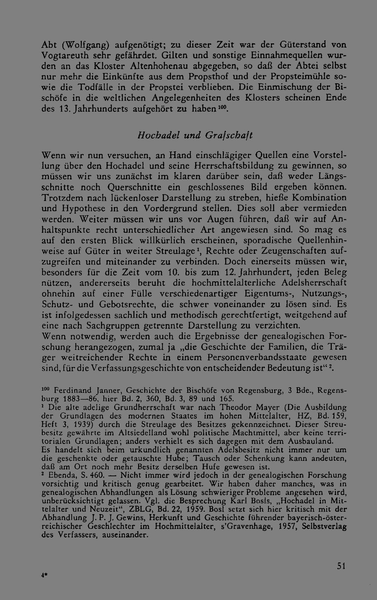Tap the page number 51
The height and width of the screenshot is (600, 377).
341,566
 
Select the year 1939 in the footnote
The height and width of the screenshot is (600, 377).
81,424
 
